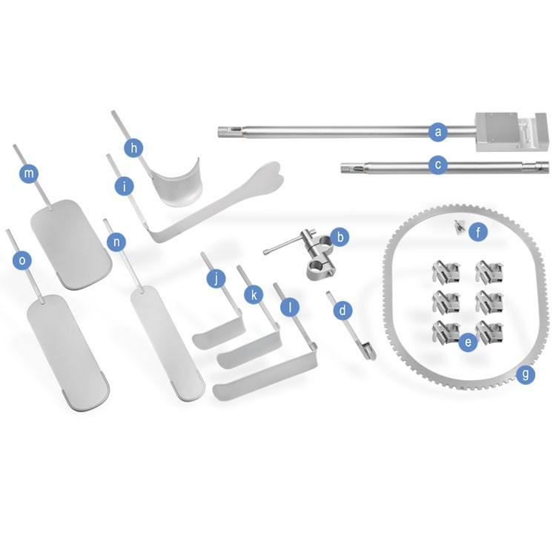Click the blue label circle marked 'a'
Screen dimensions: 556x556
pyautogui.click(x=438, y=132)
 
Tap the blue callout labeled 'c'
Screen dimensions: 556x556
pyautogui.click(x=438, y=165)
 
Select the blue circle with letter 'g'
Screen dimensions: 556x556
pyautogui.click(x=526, y=374)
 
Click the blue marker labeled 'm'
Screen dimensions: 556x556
pyautogui.click(x=29, y=173)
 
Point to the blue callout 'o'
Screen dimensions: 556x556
pyautogui.click(x=22, y=260)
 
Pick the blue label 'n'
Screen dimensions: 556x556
pyautogui.click(x=116, y=242)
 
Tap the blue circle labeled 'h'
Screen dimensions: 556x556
pyautogui.click(x=133, y=148)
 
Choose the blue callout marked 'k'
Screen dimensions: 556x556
pyautogui.click(x=254, y=295)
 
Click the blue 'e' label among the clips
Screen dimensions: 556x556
pyautogui.click(x=468, y=342)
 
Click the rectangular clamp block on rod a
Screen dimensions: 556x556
pyautogui.click(x=511, y=132)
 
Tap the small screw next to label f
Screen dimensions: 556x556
pyautogui.click(x=460, y=227)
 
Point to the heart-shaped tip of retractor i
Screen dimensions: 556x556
pyautogui.click(x=266, y=180)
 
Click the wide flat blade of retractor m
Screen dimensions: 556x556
pyautogui.click(x=71, y=245)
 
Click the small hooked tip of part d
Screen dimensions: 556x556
pyautogui.click(x=369, y=351)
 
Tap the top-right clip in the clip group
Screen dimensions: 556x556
pyautogui.click(x=489, y=272)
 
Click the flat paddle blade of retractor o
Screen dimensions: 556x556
pyautogui.click(x=68, y=353)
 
